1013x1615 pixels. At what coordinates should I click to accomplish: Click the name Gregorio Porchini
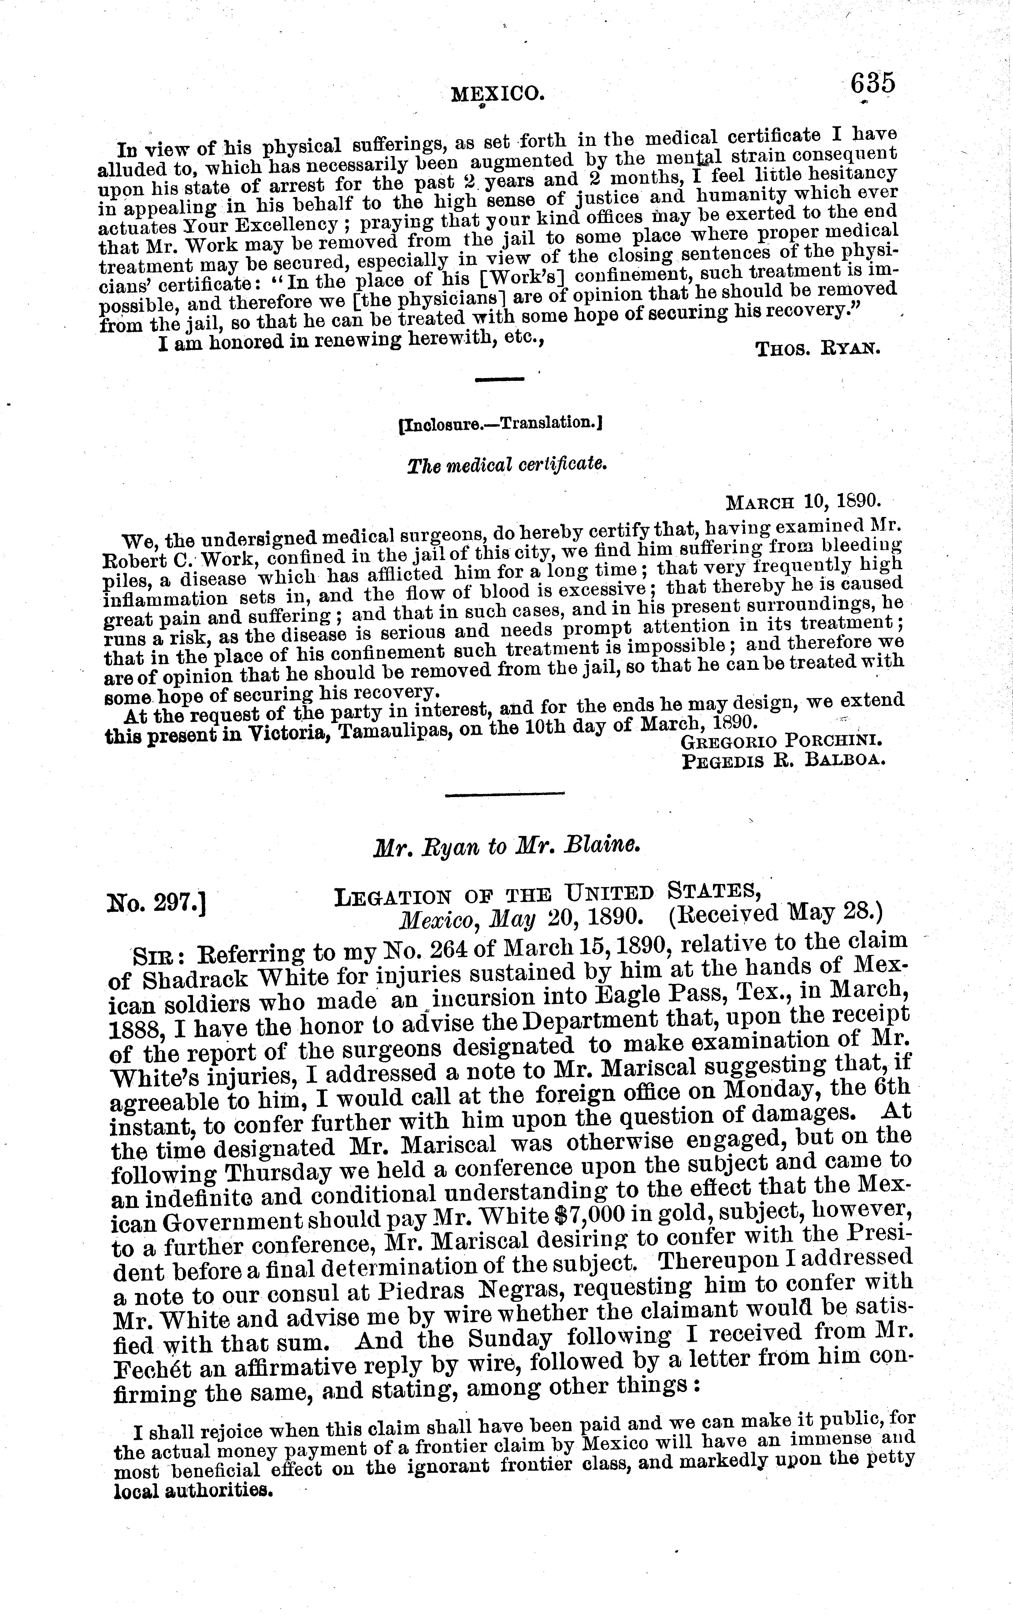tap(781, 742)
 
